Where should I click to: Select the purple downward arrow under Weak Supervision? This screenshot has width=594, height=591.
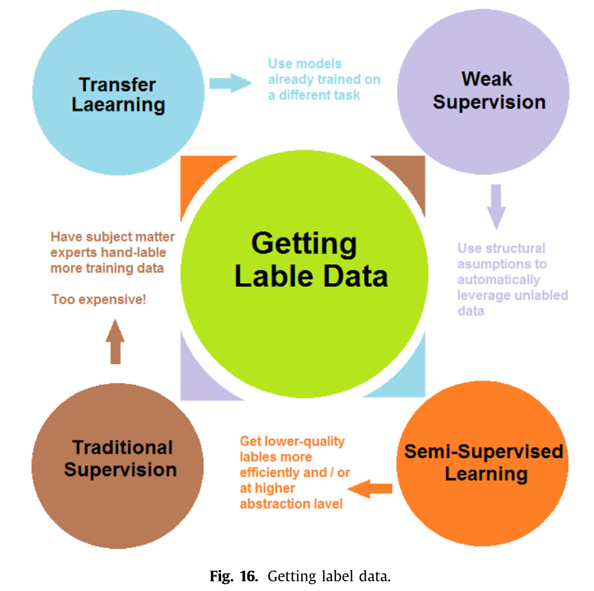point(496,207)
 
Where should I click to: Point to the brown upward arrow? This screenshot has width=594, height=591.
point(115,341)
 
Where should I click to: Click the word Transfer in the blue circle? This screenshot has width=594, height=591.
point(118,85)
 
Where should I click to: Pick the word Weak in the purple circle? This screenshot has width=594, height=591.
point(487,79)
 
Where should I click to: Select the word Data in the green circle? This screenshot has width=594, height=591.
point(355,276)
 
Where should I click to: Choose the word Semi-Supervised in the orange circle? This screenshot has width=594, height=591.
point(484,452)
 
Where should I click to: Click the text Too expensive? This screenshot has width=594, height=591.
point(99,299)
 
